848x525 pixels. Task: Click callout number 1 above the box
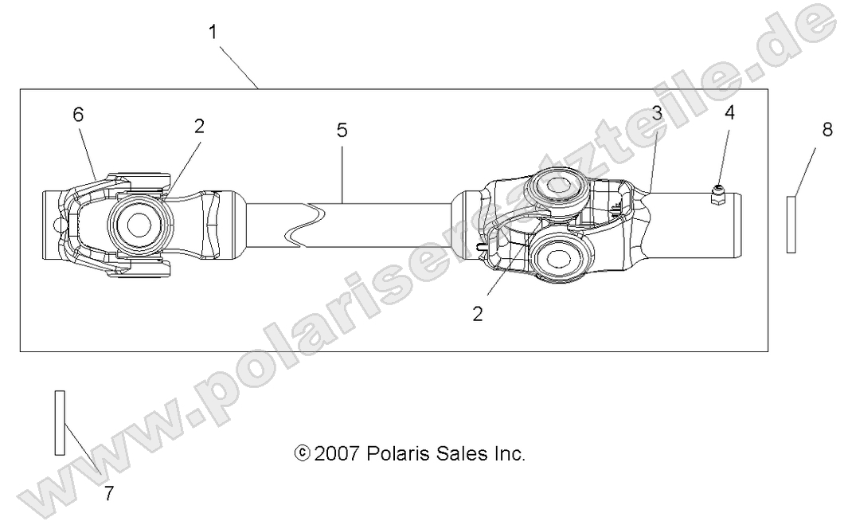pyautogui.click(x=213, y=33)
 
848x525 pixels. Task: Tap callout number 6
pyautogui.click(x=78, y=115)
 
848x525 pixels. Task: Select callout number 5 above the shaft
pyautogui.click(x=342, y=131)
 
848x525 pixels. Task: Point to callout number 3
pyautogui.click(x=656, y=113)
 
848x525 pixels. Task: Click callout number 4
pyautogui.click(x=729, y=112)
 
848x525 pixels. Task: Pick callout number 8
pyautogui.click(x=827, y=130)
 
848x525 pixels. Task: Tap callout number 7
pyautogui.click(x=108, y=493)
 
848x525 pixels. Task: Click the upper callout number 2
pyautogui.click(x=199, y=126)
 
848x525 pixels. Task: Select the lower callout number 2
pyautogui.click(x=478, y=314)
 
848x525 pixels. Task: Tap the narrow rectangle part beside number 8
pyautogui.click(x=791, y=225)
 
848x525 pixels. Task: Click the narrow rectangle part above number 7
pyautogui.click(x=59, y=423)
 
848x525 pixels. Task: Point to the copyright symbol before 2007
pyautogui.click(x=302, y=454)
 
